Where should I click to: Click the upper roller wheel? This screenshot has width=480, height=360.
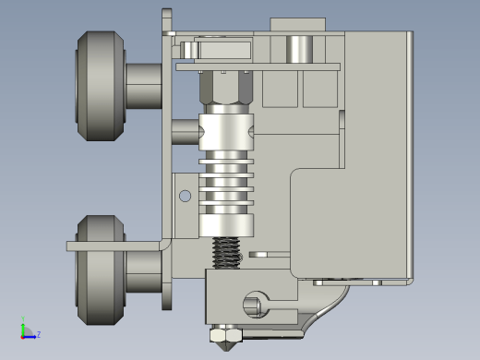[101, 86]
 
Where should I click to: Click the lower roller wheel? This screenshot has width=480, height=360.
[101, 270]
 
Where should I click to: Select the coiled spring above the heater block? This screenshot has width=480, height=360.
[226, 253]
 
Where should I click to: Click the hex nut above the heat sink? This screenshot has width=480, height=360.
[226, 88]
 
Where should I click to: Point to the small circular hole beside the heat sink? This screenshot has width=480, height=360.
[185, 196]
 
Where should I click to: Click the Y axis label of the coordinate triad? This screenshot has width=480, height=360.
[23, 318]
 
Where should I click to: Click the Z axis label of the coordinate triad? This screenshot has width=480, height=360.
[39, 334]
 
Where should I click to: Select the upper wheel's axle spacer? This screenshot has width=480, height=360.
[144, 86]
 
